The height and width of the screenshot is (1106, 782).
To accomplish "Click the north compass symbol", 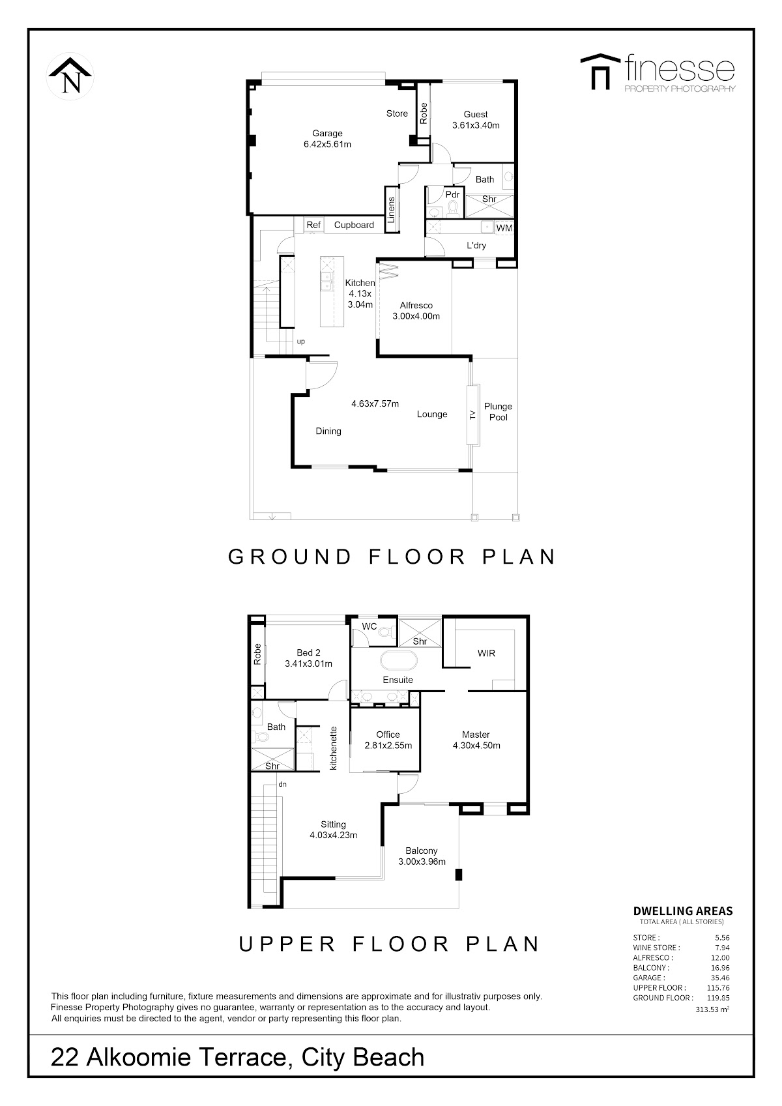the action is click(70, 76).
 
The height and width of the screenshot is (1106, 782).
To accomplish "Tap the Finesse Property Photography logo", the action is click(658, 72).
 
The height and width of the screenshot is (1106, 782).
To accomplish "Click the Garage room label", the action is click(327, 134).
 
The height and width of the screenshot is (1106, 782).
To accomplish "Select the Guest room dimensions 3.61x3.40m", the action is click(476, 125).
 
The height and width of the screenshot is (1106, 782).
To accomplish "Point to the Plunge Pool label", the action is click(498, 412).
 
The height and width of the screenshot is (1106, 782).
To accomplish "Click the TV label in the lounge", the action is click(472, 415).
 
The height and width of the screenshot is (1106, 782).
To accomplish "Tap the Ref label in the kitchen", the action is click(313, 225).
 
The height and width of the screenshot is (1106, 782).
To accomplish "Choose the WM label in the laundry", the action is click(504, 228).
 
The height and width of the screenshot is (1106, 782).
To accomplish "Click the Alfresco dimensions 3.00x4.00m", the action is click(416, 317).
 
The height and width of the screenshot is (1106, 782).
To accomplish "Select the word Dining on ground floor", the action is click(328, 431).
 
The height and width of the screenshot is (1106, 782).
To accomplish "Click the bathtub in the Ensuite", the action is click(398, 660).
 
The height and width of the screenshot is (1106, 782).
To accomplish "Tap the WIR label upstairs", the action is click(486, 653).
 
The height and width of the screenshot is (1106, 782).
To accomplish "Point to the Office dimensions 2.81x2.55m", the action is click(388, 746).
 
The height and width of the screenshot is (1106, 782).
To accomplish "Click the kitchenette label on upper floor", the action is click(334, 749).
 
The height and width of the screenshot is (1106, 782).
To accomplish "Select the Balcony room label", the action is click(422, 851).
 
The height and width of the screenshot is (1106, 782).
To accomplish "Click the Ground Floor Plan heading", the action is click(392, 557).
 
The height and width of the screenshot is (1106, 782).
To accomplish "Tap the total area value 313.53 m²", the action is click(712, 1010).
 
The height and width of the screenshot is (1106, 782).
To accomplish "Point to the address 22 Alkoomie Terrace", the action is click(168, 1058).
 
